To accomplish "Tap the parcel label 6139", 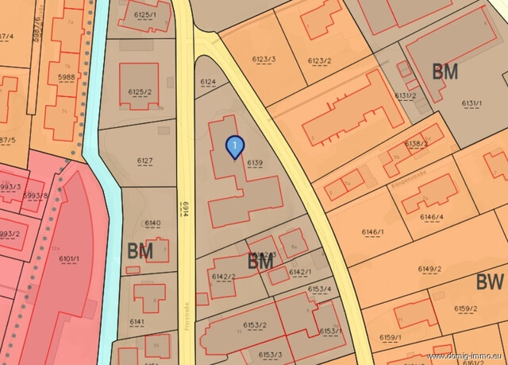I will [254, 163].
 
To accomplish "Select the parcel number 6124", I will [208, 82].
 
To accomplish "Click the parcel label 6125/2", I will [139, 92].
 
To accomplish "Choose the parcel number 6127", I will [144, 161].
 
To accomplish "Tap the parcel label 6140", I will [152, 223].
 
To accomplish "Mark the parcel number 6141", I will [137, 321].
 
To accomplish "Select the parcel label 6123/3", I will [264, 59].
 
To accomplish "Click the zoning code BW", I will [490, 282].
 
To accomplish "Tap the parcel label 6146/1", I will [373, 232].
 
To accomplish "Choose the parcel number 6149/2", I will [429, 269].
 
